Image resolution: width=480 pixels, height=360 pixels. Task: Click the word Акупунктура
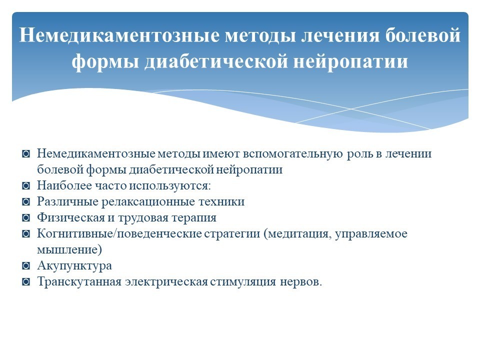[x=74, y=265]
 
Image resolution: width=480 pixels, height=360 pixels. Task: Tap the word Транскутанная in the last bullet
[x=79, y=281]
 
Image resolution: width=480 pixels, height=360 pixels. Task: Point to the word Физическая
[x=70, y=217]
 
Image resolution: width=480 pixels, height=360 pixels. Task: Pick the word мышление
[x=67, y=250]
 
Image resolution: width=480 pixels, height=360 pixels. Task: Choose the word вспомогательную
[x=292, y=154]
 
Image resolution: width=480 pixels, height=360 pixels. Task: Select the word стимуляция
[x=243, y=282]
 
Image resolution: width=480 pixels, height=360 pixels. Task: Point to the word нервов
[x=299, y=282]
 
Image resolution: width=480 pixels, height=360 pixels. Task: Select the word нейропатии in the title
[x=351, y=61]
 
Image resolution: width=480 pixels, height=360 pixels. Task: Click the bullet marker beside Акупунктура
[x=26, y=266]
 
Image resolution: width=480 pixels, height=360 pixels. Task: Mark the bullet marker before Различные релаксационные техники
[x=26, y=202]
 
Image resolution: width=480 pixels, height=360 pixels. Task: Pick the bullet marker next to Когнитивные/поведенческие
[x=26, y=234]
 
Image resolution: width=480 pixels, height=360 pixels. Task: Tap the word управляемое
[x=371, y=234]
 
